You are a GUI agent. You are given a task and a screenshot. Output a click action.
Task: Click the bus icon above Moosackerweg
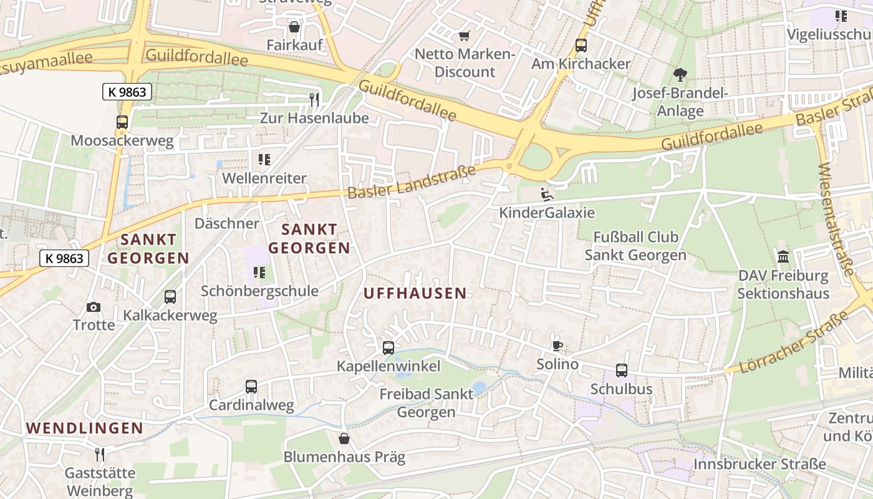122,122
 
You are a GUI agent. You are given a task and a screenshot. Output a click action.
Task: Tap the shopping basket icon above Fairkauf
294,27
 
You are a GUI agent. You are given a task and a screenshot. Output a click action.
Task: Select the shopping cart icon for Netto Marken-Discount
463,36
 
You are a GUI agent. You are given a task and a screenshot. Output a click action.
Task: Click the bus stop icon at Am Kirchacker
581,45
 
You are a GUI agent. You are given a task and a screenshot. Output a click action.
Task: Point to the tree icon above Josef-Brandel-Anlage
680,75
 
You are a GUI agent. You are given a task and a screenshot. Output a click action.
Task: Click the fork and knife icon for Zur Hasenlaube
314,99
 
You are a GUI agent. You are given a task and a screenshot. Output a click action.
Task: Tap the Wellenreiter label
265,178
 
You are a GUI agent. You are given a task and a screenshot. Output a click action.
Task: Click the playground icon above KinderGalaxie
547,194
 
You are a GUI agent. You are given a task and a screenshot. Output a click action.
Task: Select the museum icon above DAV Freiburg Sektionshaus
783,257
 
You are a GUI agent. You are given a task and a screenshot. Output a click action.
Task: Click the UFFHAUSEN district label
415,293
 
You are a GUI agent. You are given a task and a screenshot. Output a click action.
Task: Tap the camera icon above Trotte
94,307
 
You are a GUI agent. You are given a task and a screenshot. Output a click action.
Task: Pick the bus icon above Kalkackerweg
170,297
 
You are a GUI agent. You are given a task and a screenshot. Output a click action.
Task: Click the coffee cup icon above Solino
557,346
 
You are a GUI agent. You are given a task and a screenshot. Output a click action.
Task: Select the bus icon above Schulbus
622,371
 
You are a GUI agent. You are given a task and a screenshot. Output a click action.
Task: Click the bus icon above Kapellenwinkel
388,348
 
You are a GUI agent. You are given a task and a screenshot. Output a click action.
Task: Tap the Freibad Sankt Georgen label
427,403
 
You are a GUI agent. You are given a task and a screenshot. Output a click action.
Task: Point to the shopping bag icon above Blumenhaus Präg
344,438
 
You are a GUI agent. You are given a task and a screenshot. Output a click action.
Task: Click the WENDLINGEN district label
85,428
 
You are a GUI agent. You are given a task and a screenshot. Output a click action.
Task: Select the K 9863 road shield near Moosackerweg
127,92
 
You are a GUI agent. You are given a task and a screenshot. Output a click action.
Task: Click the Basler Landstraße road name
412,182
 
